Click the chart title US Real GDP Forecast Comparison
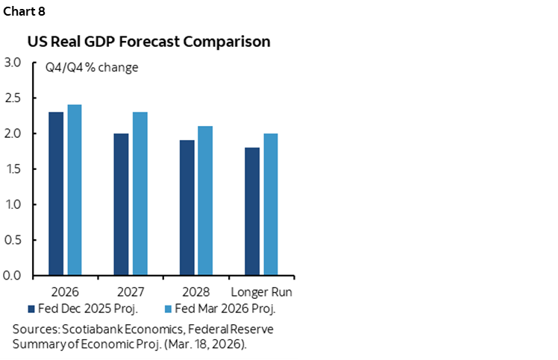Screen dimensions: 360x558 click(149, 42)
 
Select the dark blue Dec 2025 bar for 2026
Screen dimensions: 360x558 click(56, 194)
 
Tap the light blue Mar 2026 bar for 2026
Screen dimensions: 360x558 click(75, 190)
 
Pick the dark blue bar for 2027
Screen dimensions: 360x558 click(122, 204)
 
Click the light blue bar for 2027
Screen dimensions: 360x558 click(140, 194)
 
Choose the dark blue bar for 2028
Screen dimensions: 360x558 click(186, 208)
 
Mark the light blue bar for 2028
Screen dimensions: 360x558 click(205, 200)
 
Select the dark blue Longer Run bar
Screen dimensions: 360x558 click(252, 212)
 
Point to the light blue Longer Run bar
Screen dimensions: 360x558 click(270, 204)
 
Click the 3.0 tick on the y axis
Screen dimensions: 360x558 click(13, 63)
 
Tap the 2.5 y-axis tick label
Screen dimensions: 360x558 click(13, 98)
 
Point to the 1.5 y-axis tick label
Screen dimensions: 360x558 click(13, 169)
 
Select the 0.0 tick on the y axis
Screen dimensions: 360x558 click(13, 276)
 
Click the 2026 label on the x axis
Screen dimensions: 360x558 click(65, 291)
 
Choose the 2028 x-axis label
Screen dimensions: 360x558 click(196, 291)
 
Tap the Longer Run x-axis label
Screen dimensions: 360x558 click(261, 291)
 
